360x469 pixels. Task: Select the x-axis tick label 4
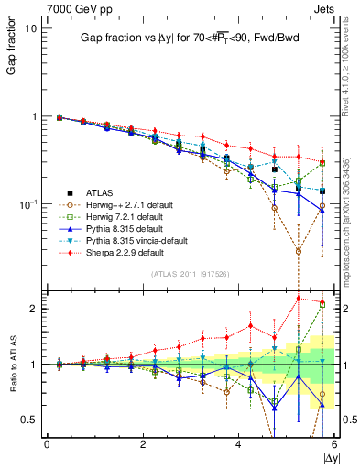tap(238, 443)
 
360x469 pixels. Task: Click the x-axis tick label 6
tap(334, 443)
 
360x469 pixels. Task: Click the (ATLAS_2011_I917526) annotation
tap(190, 274)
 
